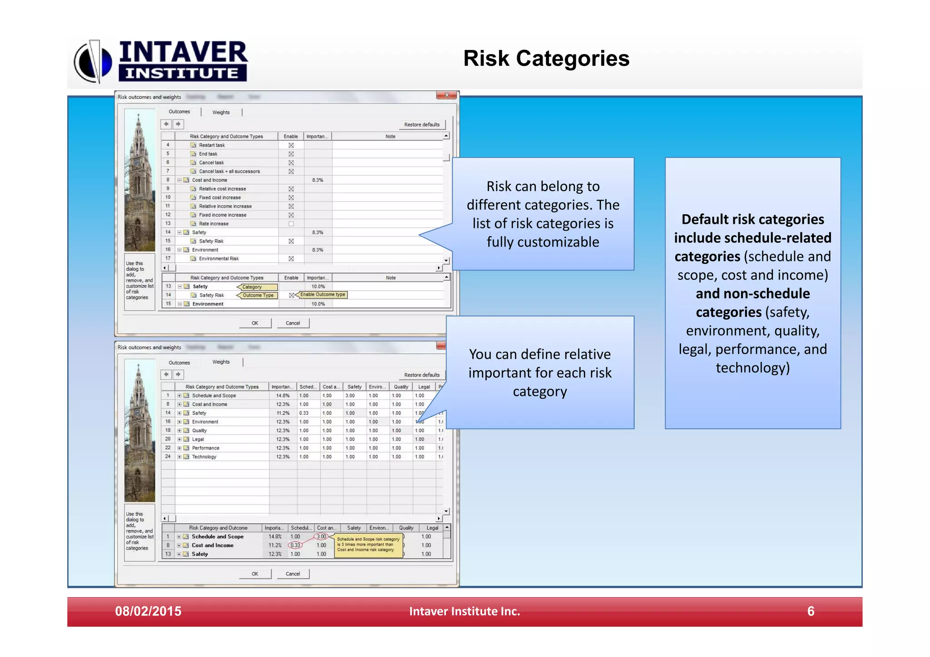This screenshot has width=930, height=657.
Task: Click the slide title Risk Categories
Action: pos(546,59)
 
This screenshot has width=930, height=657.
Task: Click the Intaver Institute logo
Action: pos(162,61)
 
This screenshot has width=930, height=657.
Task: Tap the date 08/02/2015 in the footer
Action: pos(148,611)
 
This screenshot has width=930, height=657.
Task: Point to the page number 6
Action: pos(811,611)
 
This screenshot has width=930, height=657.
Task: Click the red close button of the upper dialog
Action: pos(446,95)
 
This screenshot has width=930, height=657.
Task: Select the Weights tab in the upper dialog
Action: pos(221,112)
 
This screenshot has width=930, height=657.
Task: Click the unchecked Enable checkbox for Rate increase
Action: pos(291,224)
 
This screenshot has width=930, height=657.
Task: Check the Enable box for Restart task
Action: pos(291,145)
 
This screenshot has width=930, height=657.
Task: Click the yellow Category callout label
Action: pos(257,287)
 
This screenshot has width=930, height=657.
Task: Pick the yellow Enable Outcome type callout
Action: pos(322,295)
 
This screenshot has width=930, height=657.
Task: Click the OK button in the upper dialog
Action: pos(255,323)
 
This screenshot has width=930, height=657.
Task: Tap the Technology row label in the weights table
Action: pos(204,457)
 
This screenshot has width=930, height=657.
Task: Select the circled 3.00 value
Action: pos(322,537)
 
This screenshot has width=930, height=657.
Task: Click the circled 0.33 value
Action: pos(295,545)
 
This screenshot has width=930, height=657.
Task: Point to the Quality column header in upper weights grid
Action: pos(401,387)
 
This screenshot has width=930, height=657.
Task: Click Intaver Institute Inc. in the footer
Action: pos(464,611)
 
